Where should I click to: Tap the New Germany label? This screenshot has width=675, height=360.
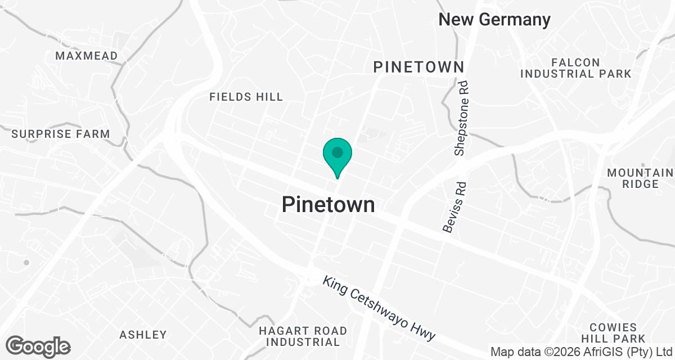(x=494, y=20)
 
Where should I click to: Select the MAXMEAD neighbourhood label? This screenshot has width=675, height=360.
(x=87, y=56)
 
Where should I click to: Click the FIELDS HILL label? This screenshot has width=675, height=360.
(x=246, y=97)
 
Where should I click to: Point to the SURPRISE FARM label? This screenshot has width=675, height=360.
(x=61, y=134)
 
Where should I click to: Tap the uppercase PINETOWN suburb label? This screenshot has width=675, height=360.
(x=419, y=67)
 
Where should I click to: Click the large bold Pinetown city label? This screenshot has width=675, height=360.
(x=328, y=204)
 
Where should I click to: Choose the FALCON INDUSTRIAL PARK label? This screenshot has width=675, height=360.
(x=575, y=68)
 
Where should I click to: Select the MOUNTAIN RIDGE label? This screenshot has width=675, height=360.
(x=640, y=178)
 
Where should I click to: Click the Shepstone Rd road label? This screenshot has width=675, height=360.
(x=461, y=118)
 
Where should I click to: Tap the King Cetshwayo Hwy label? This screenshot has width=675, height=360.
(x=379, y=308)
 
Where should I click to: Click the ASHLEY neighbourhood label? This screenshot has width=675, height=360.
(x=143, y=335)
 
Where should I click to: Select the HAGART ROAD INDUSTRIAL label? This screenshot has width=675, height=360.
(x=303, y=336)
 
